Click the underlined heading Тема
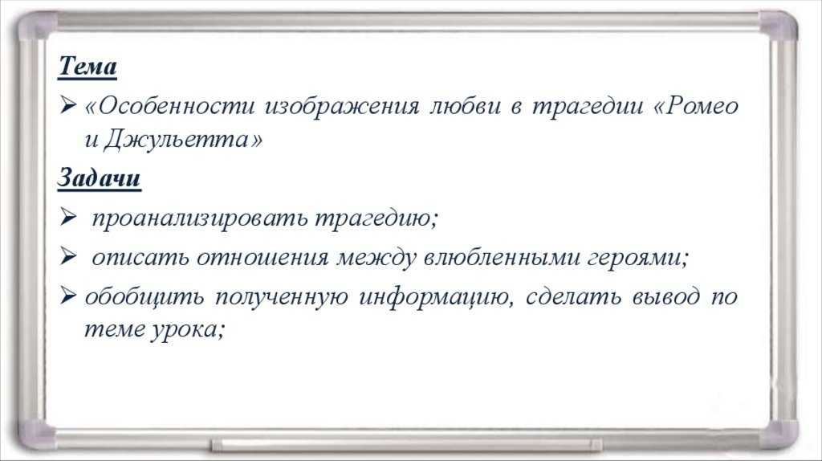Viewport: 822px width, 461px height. tap(87, 67)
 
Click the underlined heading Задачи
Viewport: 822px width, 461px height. tap(99, 177)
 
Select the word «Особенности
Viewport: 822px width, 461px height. tap(169, 106)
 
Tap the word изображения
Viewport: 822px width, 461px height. tap(342, 107)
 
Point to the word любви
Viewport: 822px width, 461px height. tap(465, 106)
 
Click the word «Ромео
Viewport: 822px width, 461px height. tap(696, 106)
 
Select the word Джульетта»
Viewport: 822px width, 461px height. tap(183, 139)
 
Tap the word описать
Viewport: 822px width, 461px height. tap(140, 257)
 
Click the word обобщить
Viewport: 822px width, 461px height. tap(144, 296)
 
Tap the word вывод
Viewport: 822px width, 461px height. tap(665, 296)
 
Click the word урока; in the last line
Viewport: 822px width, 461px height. tap(188, 330)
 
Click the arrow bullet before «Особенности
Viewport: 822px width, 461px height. tap(67, 105)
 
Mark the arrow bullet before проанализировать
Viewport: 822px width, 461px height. tap(67, 217)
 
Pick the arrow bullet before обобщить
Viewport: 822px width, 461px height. tap(67, 296)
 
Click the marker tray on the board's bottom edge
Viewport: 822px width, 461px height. tap(406, 445)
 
